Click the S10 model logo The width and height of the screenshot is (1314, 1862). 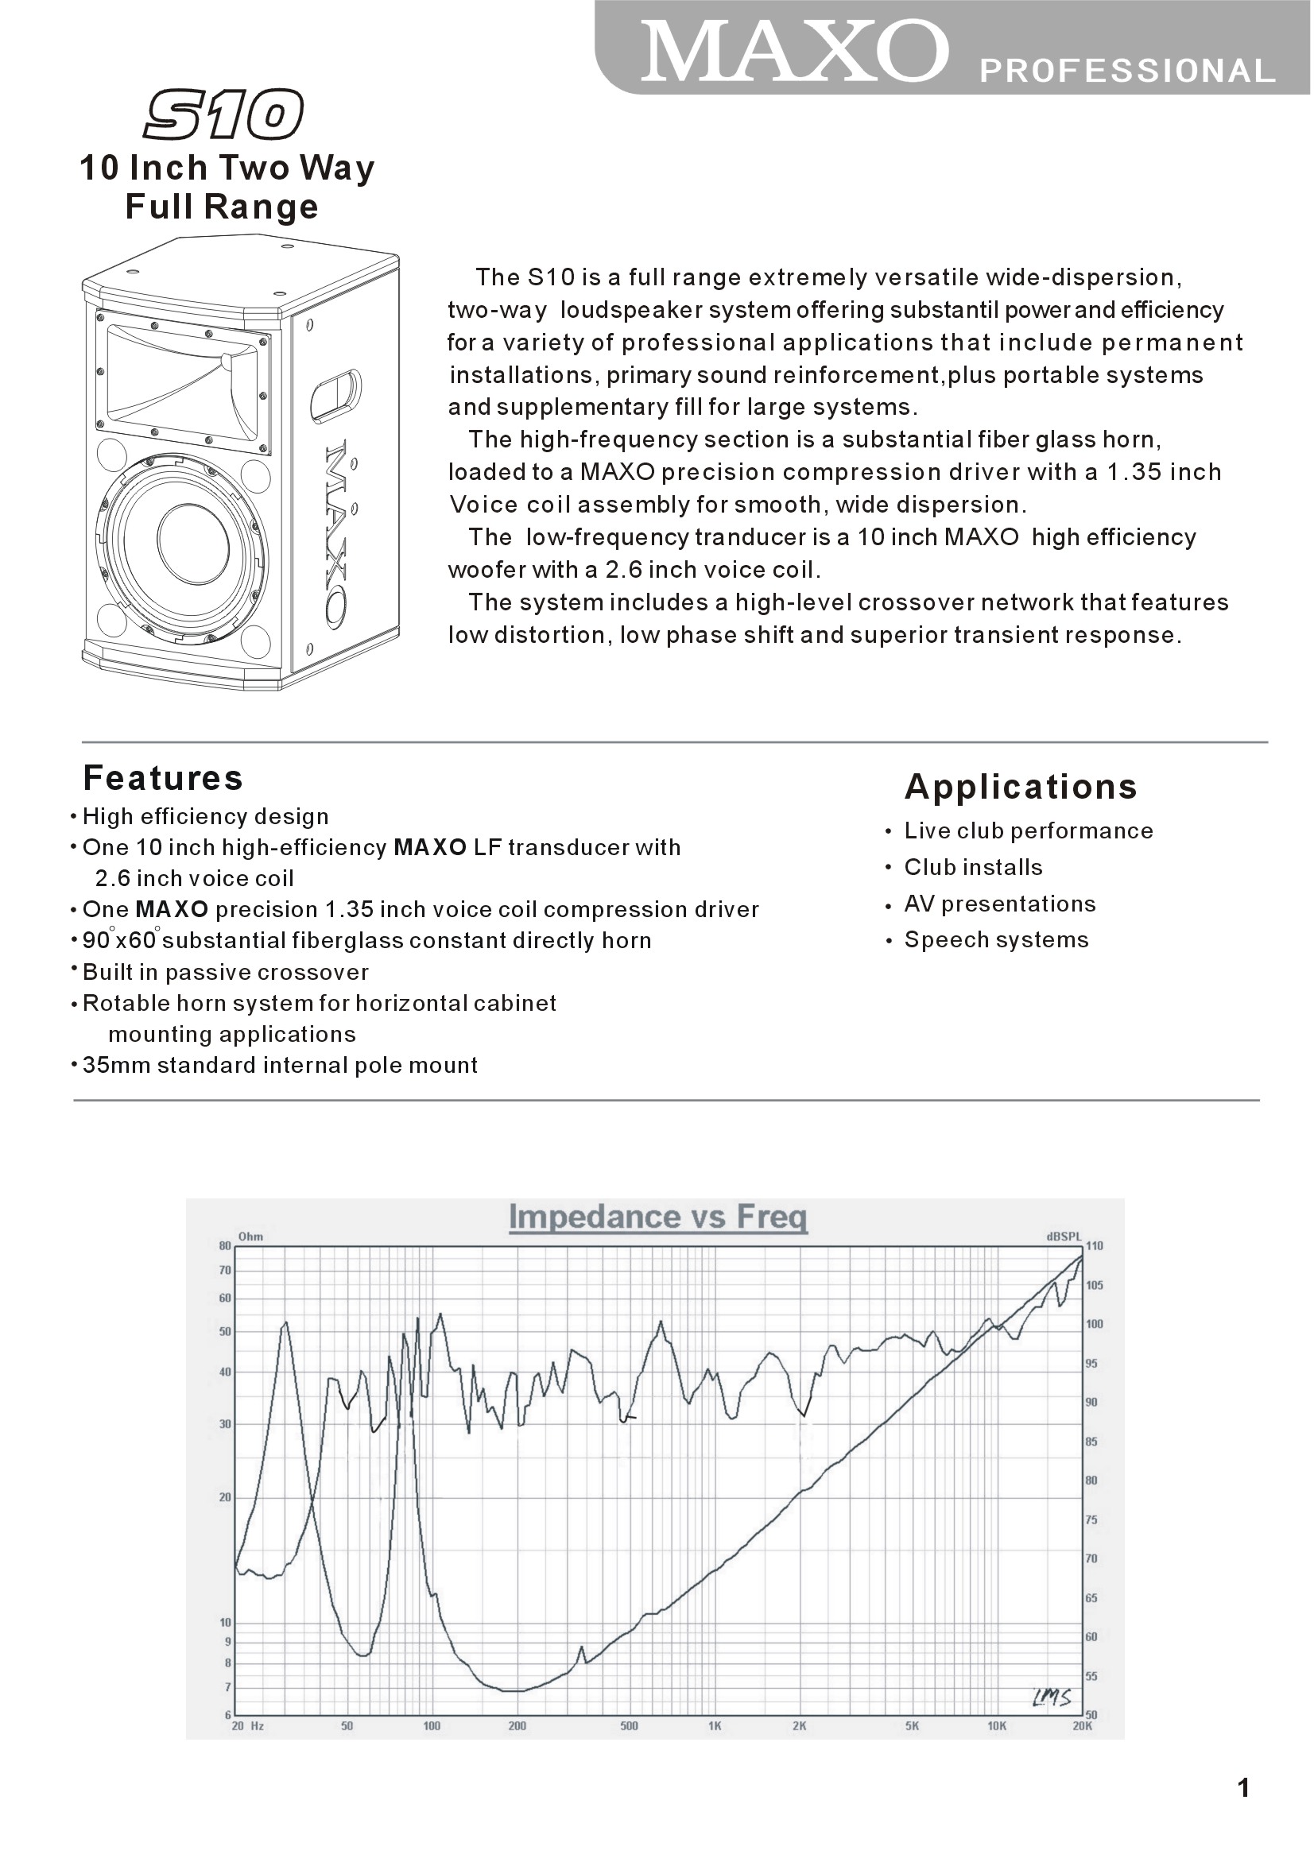point(223,115)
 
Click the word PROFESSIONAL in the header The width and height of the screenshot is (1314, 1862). point(1127,72)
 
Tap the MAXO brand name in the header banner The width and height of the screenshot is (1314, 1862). point(795,52)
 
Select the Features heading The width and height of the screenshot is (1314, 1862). point(163,778)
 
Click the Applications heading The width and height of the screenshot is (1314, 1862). point(1021,787)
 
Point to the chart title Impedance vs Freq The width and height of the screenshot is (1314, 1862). point(658,1217)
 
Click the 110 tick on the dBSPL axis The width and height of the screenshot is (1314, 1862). point(1094,1245)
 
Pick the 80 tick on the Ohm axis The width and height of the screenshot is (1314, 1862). point(226,1246)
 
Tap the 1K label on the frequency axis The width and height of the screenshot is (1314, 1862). point(715,1726)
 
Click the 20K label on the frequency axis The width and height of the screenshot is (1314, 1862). point(1082,1726)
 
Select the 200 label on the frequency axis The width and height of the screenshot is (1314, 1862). point(517,1726)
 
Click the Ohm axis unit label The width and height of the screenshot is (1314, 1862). point(250,1237)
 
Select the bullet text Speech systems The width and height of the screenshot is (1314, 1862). point(996,940)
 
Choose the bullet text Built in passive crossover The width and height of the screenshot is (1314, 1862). point(226,973)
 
